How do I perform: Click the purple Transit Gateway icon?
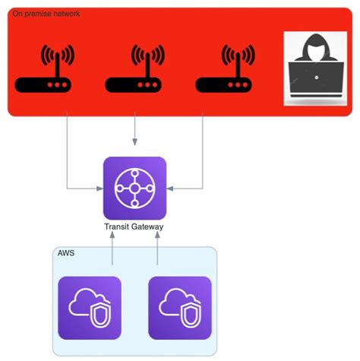pyautogui.click(x=134, y=188)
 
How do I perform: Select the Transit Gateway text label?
pyautogui.click(x=134, y=227)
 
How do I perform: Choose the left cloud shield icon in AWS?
pyautogui.click(x=90, y=308)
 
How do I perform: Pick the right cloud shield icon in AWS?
pyautogui.click(x=179, y=308)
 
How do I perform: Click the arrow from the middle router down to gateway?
pyautogui.click(x=134, y=133)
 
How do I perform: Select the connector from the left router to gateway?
pyautogui.click(x=68, y=160)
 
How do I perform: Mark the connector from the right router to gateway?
pyautogui.click(x=203, y=160)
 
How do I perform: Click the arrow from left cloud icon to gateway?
pyautogui.click(x=112, y=255)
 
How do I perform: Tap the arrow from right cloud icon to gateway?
pyautogui.click(x=157, y=255)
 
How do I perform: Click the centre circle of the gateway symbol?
pyautogui.click(x=134, y=188)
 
